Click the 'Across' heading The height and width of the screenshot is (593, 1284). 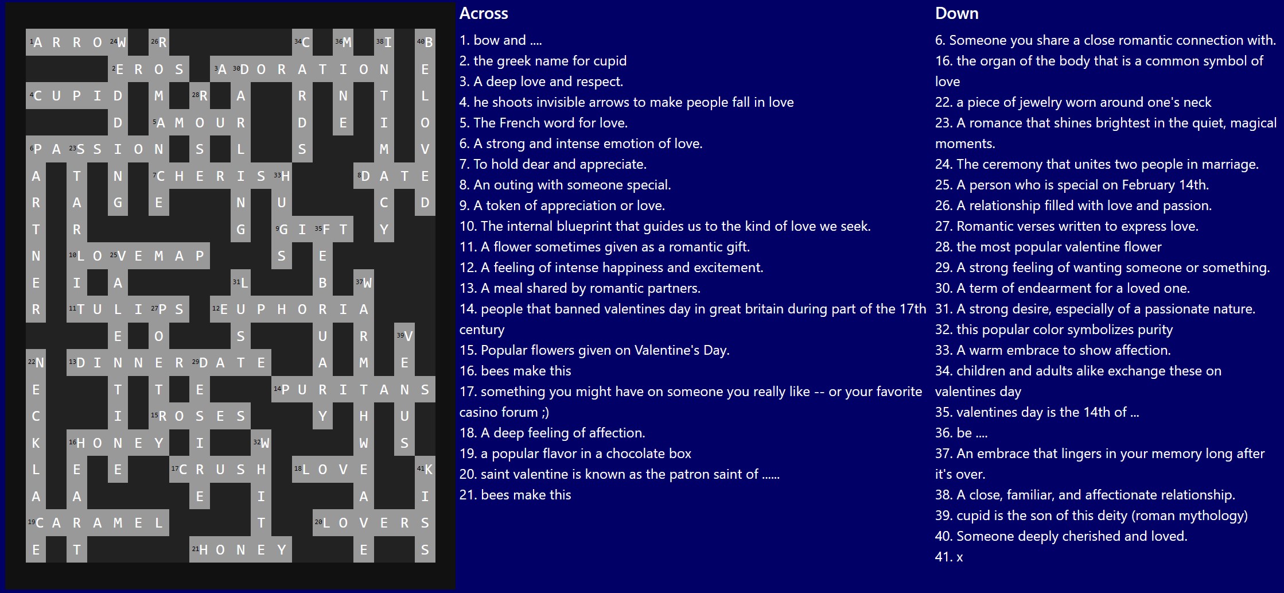[484, 13]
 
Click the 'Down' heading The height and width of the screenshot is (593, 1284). [956, 13]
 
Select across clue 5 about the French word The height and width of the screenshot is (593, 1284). [543, 123]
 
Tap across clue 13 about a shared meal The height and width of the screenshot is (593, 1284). [580, 288]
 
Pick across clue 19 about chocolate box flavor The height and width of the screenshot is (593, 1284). [575, 454]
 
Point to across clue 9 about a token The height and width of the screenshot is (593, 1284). [562, 206]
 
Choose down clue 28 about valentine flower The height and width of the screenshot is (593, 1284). [1048, 247]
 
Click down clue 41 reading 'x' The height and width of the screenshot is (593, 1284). [949, 557]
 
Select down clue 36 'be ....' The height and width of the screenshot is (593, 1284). [962, 433]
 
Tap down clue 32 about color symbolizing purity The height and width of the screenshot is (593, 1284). [1054, 330]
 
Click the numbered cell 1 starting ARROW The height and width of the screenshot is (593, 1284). [36, 42]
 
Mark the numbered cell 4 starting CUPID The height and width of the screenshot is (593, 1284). [36, 95]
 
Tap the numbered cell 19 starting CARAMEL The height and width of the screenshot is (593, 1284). [36, 523]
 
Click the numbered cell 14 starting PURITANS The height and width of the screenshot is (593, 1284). [282, 389]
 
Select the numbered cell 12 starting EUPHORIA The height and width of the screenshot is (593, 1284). [220, 309]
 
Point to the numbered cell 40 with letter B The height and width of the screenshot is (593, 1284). [425, 42]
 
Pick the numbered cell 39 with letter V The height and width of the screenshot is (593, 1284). [404, 336]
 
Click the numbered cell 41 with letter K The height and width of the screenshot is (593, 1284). [425, 470]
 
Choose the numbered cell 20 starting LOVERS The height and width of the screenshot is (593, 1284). [322, 523]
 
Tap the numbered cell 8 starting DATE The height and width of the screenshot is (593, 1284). [364, 176]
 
